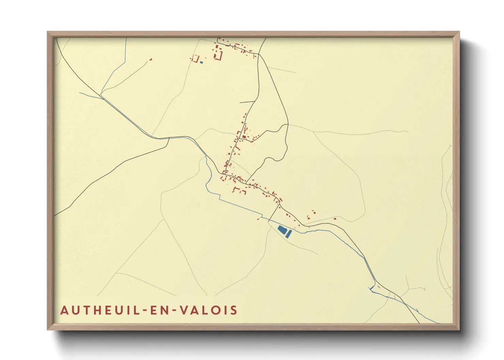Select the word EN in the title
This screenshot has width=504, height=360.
tap(156, 310)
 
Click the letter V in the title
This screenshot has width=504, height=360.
tap(184, 310)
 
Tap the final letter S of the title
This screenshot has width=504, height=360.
tap(234, 310)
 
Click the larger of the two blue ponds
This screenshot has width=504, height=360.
tap(282, 230)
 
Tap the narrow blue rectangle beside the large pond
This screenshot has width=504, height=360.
tap(288, 234)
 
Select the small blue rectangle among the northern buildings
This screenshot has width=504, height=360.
tap(201, 62)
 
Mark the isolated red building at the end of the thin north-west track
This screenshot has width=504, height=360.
tap(151, 60)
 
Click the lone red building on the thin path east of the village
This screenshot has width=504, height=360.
tap(335, 219)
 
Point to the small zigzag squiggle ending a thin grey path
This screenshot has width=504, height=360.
tap(424, 289)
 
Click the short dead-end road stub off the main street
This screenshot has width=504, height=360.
tap(247, 102)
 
